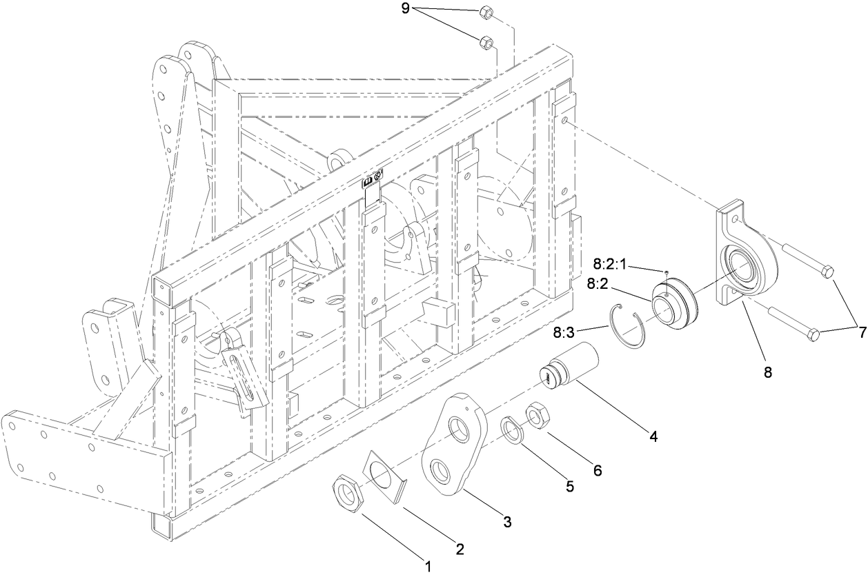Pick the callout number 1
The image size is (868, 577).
(428, 567)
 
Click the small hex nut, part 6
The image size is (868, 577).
(537, 416)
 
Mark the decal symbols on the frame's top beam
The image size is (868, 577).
(373, 179)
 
